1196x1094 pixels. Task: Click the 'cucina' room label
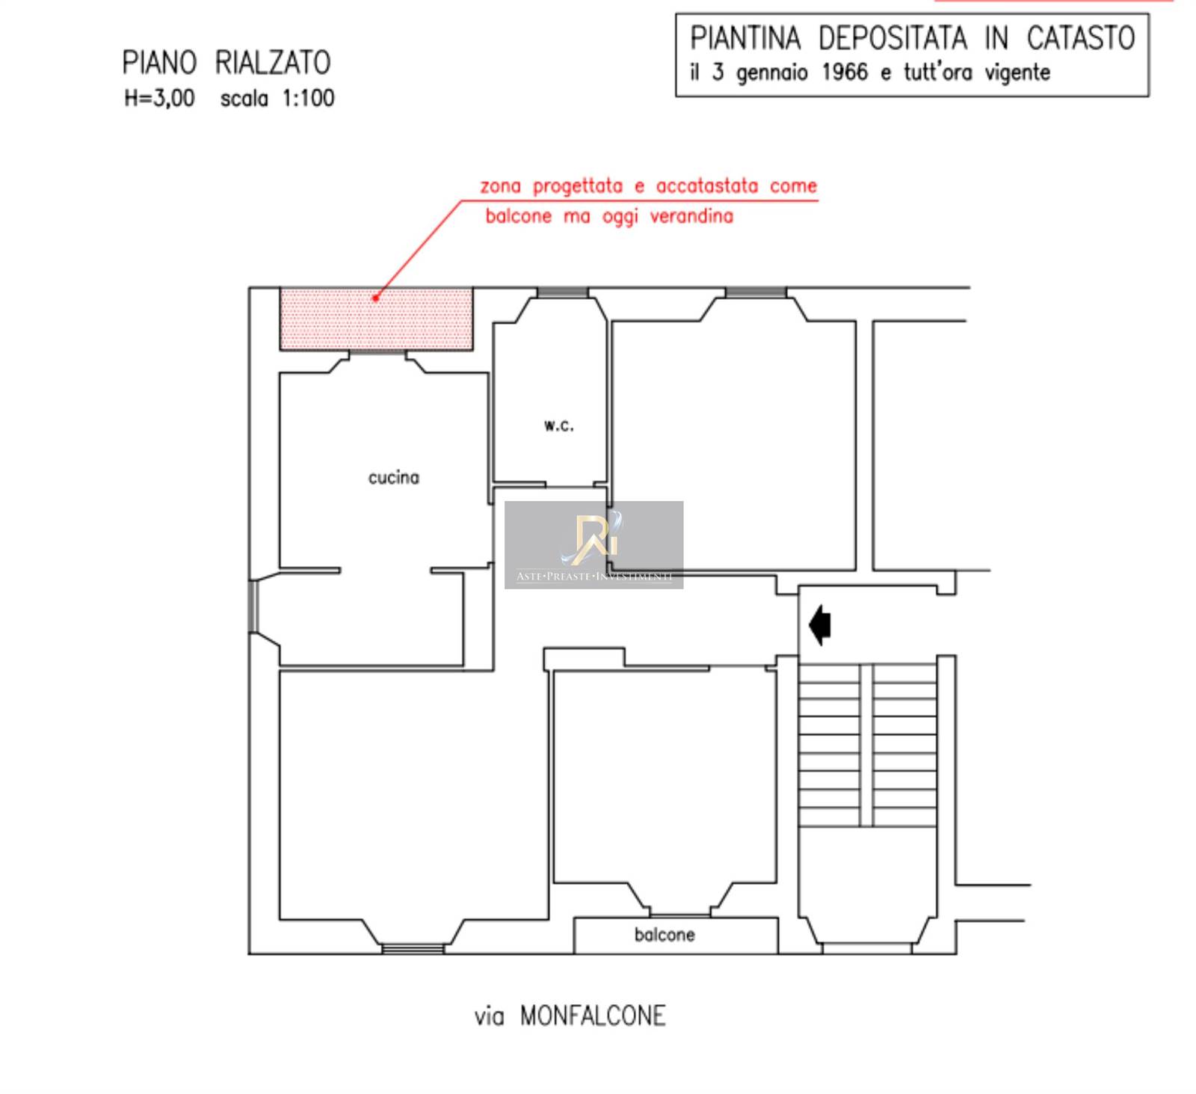point(393,477)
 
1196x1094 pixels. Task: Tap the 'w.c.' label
point(559,425)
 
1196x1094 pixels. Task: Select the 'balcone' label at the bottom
point(665,935)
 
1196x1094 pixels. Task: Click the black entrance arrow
point(820,624)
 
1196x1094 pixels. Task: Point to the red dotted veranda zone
point(376,319)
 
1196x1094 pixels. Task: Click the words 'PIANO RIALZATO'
point(226,63)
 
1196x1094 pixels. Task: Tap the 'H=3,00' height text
point(159,98)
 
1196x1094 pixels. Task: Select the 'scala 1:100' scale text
point(277,98)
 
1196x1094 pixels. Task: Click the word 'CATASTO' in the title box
point(1081,38)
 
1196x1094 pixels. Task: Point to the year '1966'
point(845,73)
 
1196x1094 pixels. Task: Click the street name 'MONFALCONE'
point(593,1015)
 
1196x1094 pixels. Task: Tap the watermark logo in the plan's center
point(594,544)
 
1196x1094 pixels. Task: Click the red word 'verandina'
point(691,216)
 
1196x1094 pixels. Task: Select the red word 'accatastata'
point(707,185)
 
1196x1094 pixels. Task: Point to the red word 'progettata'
point(577,187)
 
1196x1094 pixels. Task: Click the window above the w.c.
point(563,292)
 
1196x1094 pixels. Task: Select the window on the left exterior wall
point(253,606)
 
